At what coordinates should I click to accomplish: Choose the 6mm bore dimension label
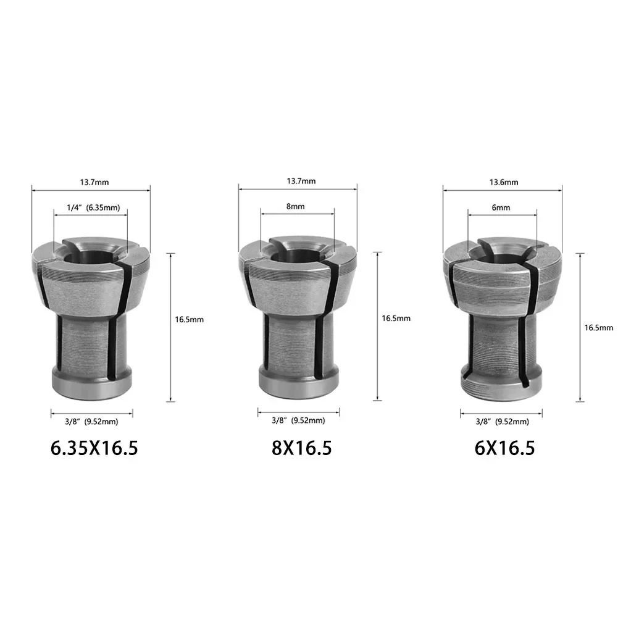pyautogui.click(x=501, y=208)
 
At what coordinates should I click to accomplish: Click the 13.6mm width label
pyautogui.click(x=504, y=182)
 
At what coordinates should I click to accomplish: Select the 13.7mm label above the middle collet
pyautogui.click(x=301, y=181)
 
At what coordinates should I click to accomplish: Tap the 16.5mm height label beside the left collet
pyautogui.click(x=189, y=319)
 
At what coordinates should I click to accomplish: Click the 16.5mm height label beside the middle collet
pyautogui.click(x=396, y=319)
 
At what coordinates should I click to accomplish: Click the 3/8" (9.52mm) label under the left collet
pyautogui.click(x=91, y=422)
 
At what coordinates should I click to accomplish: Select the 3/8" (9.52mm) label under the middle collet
pyautogui.click(x=298, y=420)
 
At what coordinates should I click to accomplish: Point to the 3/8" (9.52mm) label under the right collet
pyautogui.click(x=502, y=422)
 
